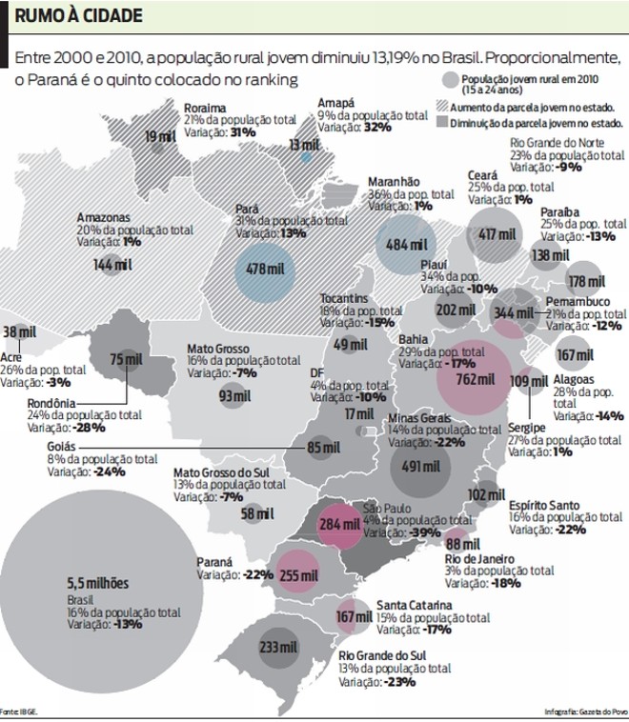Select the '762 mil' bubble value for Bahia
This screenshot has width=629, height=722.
pos(474,377)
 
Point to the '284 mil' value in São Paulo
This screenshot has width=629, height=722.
pos(339,525)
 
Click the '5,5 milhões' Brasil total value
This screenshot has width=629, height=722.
pos(97,583)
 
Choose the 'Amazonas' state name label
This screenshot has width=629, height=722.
pos(104,218)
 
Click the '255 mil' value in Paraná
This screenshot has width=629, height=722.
pos(297,574)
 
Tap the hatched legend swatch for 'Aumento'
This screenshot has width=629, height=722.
pos(442,108)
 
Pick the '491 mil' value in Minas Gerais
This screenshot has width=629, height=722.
pos(420,467)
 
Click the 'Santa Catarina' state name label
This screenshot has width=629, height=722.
pos(414,605)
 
